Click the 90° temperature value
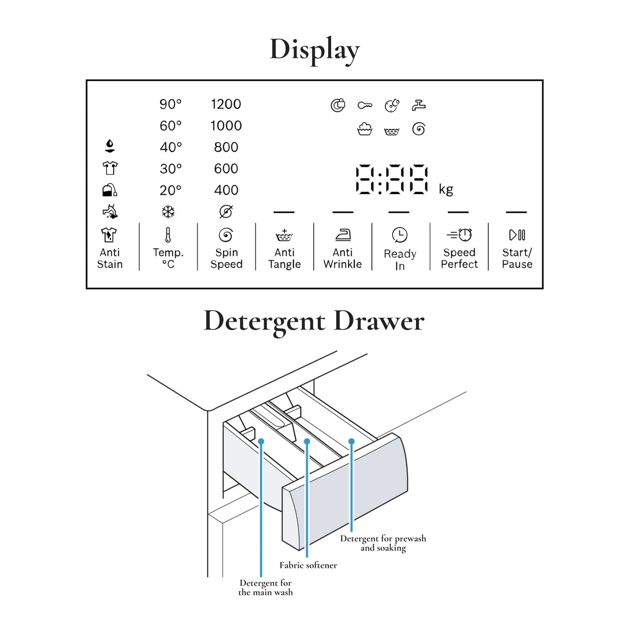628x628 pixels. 170,104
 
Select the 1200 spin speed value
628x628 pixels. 226,104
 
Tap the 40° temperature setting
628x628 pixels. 170,147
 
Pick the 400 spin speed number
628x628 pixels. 226,190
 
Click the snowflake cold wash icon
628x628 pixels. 168,212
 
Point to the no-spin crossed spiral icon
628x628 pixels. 226,212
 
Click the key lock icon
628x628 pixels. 365,106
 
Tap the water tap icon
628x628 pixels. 419,105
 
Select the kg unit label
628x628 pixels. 446,189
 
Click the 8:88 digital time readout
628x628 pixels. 392,179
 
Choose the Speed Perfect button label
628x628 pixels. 459,258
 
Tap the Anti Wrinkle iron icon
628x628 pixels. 343,235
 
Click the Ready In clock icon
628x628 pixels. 400,235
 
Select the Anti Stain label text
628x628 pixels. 110,258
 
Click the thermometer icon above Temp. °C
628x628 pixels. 168,235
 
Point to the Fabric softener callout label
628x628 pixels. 308,565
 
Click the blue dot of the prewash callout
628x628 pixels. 352,442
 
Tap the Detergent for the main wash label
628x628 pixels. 266,588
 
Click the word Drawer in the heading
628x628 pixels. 379,322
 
